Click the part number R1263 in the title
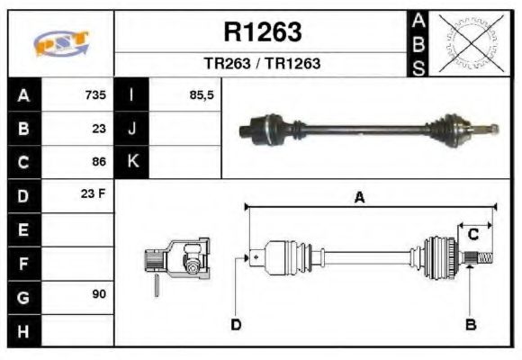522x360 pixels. coord(262,32)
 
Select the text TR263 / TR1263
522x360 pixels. coord(262,65)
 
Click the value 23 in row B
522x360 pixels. coord(99,129)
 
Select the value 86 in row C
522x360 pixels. coord(99,163)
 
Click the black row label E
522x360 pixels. coord(23,230)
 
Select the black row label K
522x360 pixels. coord(132,163)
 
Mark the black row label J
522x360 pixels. coord(132,129)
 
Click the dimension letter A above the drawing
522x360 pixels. coord(359,199)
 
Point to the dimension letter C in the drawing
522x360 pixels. coord(472,235)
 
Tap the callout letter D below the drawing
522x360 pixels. coord(237,324)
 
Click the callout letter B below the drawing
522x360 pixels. coord(470,324)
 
